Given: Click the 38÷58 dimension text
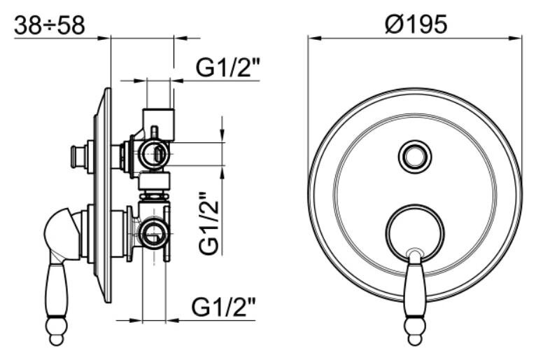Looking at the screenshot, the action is click(50, 25).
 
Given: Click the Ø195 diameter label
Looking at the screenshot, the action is click(416, 25).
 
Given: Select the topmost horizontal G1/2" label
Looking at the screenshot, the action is click(227, 68).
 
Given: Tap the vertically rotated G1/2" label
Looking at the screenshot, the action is click(209, 223).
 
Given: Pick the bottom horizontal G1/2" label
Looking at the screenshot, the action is click(223, 307).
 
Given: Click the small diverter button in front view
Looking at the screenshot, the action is click(415, 157).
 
